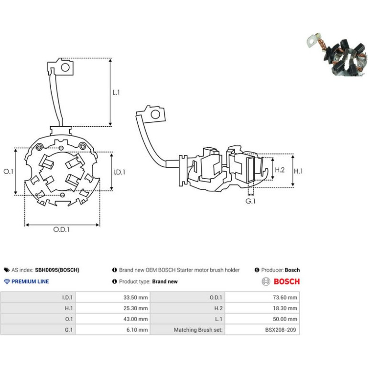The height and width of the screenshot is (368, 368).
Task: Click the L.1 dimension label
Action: [116, 92]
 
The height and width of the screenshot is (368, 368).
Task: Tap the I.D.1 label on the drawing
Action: [119, 172]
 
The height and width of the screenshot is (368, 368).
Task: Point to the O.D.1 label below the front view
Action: [61, 229]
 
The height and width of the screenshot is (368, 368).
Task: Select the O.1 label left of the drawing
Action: [8, 172]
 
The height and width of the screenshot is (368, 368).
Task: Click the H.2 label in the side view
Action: [280, 170]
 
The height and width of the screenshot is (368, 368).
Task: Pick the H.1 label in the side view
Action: [298, 171]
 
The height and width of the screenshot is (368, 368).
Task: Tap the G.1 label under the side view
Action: [250, 201]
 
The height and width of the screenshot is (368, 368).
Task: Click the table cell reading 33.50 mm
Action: [136, 297]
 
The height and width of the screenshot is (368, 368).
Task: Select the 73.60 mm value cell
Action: [285, 297]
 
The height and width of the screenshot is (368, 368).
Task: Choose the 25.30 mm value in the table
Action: [136, 308]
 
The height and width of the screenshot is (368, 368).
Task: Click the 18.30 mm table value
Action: [285, 308]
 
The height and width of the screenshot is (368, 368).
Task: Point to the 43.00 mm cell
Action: [136, 319]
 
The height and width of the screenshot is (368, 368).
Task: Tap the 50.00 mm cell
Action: [285, 319]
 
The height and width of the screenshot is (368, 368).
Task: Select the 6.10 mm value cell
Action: [137, 330]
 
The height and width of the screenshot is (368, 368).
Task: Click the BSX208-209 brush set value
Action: [281, 330]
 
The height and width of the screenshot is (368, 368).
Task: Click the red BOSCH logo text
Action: [287, 281]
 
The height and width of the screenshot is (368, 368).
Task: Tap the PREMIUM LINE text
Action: [30, 281]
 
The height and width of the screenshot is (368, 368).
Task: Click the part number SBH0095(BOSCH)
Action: [57, 270]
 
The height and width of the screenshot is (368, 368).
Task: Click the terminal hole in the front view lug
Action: [65, 67]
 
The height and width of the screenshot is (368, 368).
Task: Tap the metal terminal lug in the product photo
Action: [312, 42]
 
